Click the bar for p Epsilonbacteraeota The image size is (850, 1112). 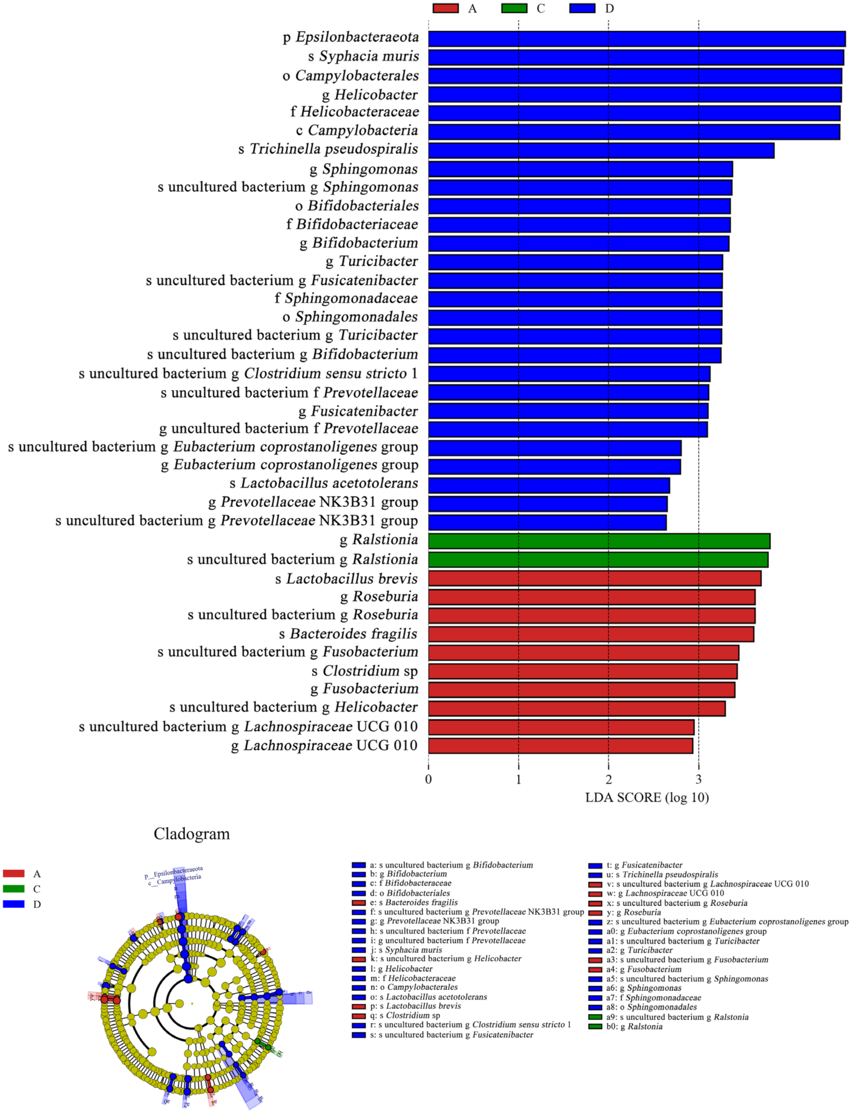[x=636, y=39]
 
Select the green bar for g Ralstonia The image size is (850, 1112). [x=599, y=541]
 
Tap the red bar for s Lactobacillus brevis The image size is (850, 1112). [x=594, y=578]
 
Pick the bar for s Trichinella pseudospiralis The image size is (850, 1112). [x=601, y=150]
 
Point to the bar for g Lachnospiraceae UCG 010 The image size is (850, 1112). [x=561, y=746]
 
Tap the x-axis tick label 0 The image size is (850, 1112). [x=428, y=779]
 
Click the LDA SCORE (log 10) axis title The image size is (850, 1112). [x=647, y=798]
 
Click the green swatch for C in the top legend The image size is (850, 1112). [x=514, y=9]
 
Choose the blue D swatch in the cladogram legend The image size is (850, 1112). [x=14, y=904]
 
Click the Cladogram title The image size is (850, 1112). [x=192, y=834]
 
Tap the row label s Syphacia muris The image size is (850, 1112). [x=363, y=56]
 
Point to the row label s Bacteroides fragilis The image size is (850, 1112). [x=348, y=634]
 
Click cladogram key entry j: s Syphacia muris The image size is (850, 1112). [x=406, y=950]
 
